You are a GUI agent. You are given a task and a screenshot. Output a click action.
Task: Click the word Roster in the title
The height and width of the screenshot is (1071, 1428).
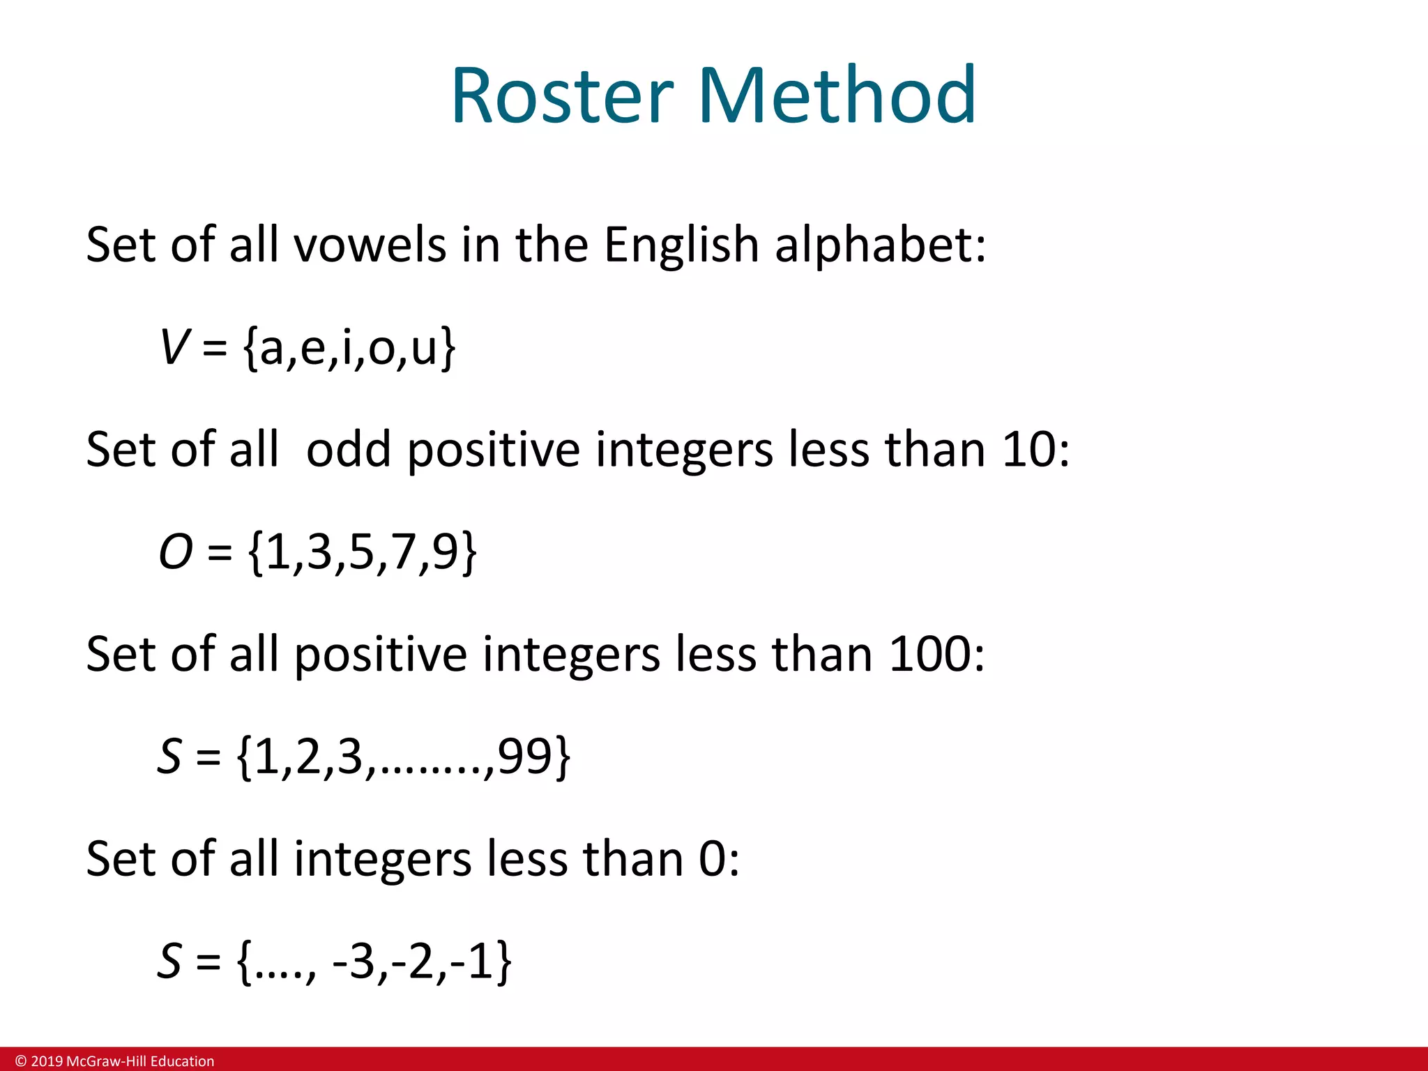click(x=562, y=96)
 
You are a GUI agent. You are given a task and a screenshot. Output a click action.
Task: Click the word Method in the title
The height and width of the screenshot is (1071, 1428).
click(x=837, y=96)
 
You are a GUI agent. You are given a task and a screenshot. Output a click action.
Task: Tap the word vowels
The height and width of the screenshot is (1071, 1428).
click(x=370, y=245)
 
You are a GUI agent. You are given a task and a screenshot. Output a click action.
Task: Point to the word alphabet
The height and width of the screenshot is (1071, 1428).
click(x=880, y=245)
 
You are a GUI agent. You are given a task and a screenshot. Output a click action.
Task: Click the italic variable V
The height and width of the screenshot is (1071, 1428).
click(x=173, y=347)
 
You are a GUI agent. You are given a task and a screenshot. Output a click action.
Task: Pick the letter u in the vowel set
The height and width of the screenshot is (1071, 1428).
click(x=424, y=349)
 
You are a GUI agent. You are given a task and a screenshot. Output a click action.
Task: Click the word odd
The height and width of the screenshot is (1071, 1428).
click(x=348, y=450)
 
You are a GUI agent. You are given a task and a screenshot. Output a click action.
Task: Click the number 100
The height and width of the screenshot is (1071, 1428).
click(x=930, y=655)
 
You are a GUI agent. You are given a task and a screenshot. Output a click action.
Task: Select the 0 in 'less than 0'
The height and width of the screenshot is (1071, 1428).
click(x=713, y=859)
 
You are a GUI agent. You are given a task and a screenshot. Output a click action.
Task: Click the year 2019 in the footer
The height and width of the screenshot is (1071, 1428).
click(x=47, y=1061)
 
